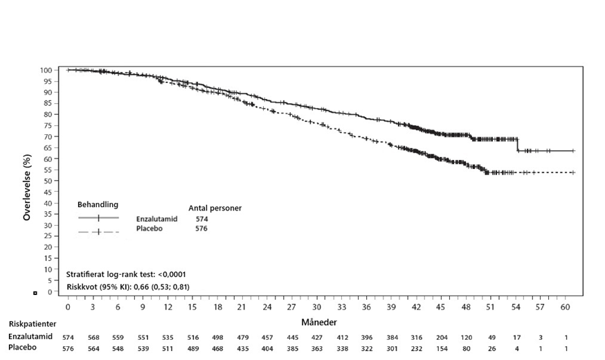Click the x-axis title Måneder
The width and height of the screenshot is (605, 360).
pos(319,323)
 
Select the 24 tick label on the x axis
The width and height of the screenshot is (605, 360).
pos(267,306)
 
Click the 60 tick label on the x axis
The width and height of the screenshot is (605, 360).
pos(566,306)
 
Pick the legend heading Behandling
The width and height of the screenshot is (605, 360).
pos(98,205)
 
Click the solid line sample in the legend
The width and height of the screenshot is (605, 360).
pos(98,218)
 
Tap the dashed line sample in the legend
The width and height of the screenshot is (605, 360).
pos(98,231)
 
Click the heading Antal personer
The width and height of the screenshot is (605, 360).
pos(215,207)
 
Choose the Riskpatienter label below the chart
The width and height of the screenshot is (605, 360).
pos(32,323)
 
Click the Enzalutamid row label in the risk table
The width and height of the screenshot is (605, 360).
pos(30,336)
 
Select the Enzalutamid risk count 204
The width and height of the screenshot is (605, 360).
pos(441,337)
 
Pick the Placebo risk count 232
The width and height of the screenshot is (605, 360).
pos(416,348)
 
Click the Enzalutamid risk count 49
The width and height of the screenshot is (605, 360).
pos(491,337)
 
